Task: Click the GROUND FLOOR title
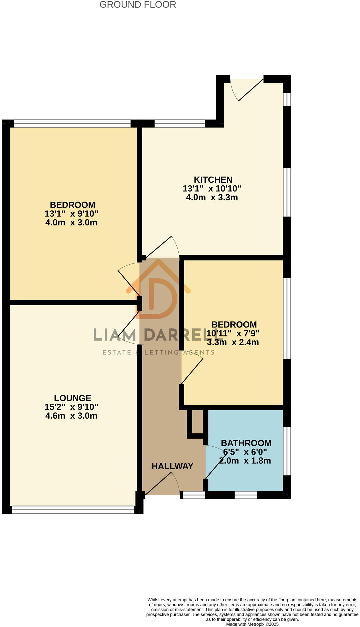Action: click(x=138, y=5)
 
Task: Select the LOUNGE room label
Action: click(x=72, y=398)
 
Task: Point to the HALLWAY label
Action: click(x=172, y=466)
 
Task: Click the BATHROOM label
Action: click(x=246, y=443)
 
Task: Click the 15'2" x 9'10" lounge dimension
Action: click(x=71, y=407)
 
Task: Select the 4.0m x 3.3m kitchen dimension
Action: click(x=212, y=197)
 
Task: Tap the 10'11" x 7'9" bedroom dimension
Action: click(x=233, y=333)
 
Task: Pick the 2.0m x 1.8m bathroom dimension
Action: click(x=245, y=461)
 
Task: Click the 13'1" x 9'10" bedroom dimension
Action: click(x=71, y=214)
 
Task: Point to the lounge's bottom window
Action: click(x=73, y=509)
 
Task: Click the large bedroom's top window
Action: click(x=72, y=124)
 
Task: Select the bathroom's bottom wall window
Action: click(x=246, y=495)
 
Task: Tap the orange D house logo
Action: click(x=158, y=290)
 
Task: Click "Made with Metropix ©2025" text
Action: click(x=252, y=624)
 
